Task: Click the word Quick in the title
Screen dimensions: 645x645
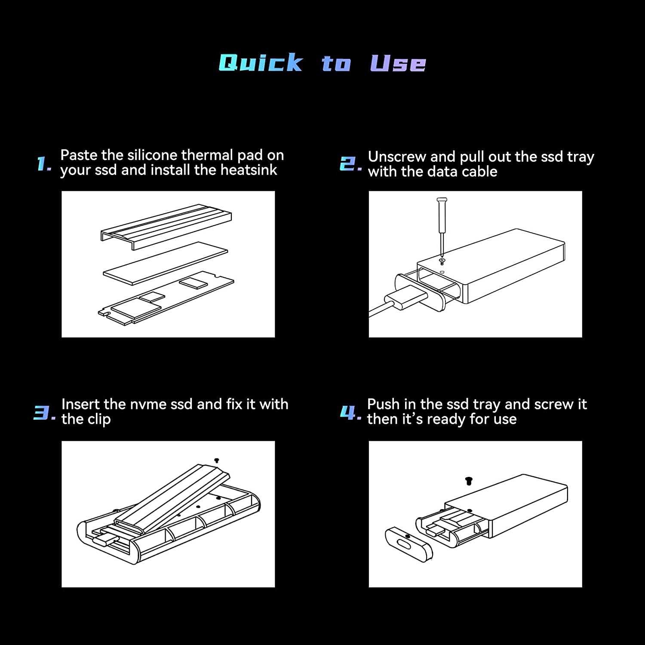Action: pyautogui.click(x=261, y=63)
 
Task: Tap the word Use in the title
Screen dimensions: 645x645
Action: pyautogui.click(x=398, y=63)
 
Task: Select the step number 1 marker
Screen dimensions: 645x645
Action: pyautogui.click(x=44, y=164)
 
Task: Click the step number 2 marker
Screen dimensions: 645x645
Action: pyautogui.click(x=350, y=164)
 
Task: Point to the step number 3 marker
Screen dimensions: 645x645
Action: pyautogui.click(x=45, y=413)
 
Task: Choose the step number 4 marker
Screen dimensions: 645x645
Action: pyautogui.click(x=350, y=413)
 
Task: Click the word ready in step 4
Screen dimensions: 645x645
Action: pyautogui.click(x=445, y=419)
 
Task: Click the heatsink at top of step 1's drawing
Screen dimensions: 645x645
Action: pyautogui.click(x=166, y=227)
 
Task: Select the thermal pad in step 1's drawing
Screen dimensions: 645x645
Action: pyautogui.click(x=166, y=263)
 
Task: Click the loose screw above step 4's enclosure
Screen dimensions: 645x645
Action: pyautogui.click(x=469, y=481)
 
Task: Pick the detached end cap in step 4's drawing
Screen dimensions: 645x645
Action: pyautogui.click(x=408, y=544)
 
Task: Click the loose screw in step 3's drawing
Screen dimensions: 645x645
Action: pyautogui.click(x=217, y=460)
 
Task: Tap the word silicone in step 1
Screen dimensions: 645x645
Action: pyautogui.click(x=152, y=155)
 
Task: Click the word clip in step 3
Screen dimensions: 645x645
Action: pyautogui.click(x=99, y=419)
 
